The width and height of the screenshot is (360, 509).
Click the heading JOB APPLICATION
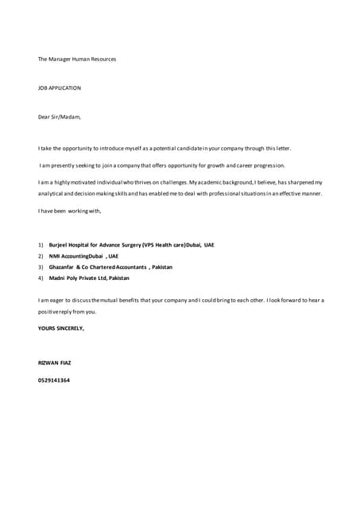point(60,88)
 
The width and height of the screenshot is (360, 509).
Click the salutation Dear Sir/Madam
point(60,117)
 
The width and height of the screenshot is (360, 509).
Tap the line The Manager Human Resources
point(77,59)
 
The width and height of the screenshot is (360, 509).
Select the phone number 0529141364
point(54,380)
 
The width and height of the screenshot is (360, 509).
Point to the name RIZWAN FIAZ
point(55,363)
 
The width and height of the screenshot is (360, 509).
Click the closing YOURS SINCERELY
point(61,328)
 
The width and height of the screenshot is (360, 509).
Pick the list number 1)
point(41,245)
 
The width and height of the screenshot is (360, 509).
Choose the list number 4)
point(41,278)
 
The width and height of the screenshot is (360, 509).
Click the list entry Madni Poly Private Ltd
point(89,278)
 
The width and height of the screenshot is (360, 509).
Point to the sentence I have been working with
point(70,211)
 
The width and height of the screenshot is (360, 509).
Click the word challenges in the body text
point(163,182)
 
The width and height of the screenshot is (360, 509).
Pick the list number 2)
point(41,256)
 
